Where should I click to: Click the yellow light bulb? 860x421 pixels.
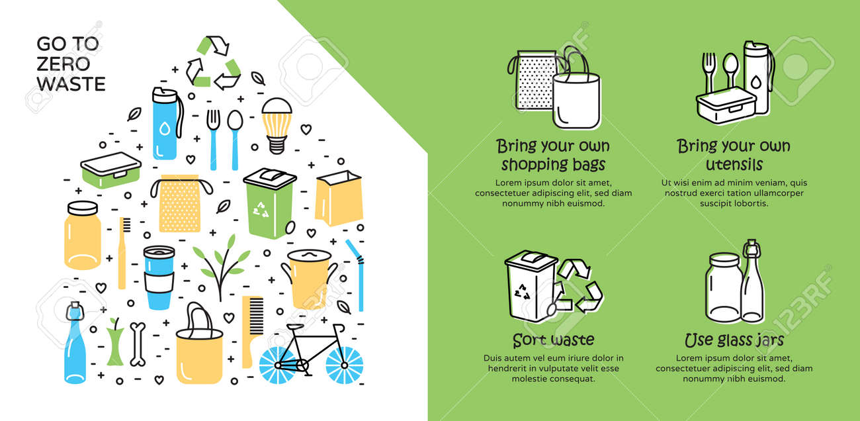click(277, 126)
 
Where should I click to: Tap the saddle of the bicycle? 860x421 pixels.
click(295, 327)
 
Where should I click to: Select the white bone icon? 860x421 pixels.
click(138, 344)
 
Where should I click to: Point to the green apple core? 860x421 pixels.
click(115, 342)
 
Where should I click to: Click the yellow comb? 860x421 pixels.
click(251, 331)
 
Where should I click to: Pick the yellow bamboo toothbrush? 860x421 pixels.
click(123, 253)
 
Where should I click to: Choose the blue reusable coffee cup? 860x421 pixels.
click(159, 277)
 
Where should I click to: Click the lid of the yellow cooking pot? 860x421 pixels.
click(309, 256)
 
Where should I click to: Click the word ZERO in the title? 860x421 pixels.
click(64, 64)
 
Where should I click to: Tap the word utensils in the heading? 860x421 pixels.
click(734, 165)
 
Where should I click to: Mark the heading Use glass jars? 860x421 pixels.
click(734, 340)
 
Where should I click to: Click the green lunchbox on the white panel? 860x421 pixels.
click(110, 169)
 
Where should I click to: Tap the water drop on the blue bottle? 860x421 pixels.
click(165, 128)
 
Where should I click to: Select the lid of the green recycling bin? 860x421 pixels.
click(270, 178)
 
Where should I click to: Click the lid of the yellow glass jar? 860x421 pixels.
click(83, 209)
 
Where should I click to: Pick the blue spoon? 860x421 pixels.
click(235, 140)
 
